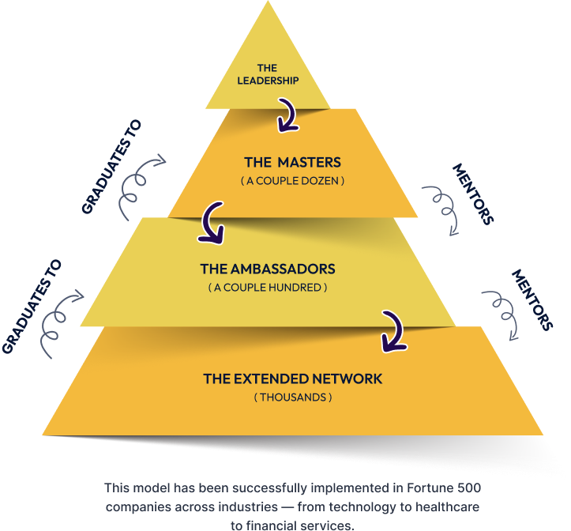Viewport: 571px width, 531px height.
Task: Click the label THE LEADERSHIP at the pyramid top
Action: (x=267, y=74)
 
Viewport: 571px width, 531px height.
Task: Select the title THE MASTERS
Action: (x=292, y=162)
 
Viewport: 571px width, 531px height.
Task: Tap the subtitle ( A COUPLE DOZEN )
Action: (x=292, y=181)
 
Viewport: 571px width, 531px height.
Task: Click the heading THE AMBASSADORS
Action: (x=268, y=269)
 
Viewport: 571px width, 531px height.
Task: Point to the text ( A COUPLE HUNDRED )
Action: (x=268, y=288)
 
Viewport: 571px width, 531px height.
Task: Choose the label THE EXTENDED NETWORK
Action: (x=292, y=378)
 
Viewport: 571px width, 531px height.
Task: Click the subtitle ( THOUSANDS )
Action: (x=292, y=397)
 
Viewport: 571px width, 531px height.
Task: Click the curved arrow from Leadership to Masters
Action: (x=287, y=116)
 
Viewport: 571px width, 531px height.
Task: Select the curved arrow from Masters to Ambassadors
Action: (x=212, y=223)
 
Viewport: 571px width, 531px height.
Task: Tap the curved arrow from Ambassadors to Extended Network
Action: (x=391, y=330)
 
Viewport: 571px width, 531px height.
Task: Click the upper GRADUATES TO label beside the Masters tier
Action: (x=111, y=166)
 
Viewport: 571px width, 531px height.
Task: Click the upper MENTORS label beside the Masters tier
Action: (x=472, y=194)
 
